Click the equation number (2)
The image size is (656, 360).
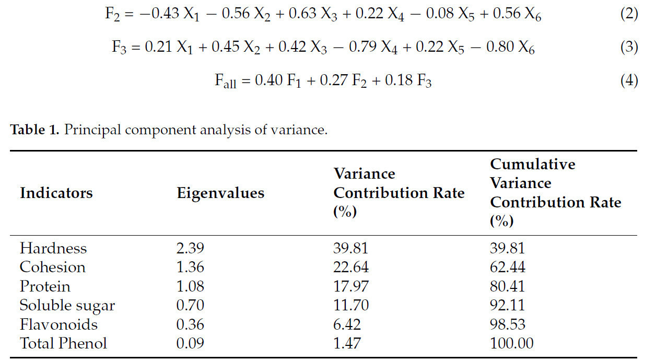tap(629, 14)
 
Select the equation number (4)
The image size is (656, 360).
tap(629, 81)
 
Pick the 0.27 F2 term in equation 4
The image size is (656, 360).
tap(348, 82)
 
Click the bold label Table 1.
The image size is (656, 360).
tap(34, 130)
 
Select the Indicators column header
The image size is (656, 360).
tap(56, 193)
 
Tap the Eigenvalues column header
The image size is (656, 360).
tap(220, 193)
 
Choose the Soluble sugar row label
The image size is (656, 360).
tap(67, 305)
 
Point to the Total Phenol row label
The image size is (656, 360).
tap(63, 343)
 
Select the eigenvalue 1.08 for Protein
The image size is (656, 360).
tap(190, 286)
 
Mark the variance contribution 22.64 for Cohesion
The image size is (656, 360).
tap(350, 267)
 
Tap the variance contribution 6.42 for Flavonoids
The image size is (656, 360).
tap(347, 324)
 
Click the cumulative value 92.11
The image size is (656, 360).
tap(507, 305)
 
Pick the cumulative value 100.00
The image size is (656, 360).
tap(511, 343)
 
